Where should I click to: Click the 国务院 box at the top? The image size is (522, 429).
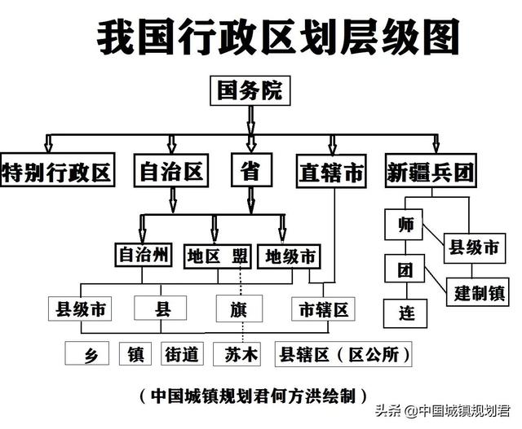tap(250, 90)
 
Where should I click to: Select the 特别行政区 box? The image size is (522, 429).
tap(56, 172)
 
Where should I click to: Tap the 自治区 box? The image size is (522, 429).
tap(171, 172)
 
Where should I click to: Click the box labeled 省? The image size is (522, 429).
tap(251, 172)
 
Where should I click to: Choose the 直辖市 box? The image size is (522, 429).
tap(330, 173)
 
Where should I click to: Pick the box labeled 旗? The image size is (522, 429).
tap(240, 309)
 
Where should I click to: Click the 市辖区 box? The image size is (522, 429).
tap(323, 309)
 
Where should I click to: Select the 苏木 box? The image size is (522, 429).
tap(240, 354)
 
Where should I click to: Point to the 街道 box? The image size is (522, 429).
tap(181, 354)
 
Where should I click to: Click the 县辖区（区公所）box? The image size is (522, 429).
tap(343, 354)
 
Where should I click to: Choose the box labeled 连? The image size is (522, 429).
tap(406, 313)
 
